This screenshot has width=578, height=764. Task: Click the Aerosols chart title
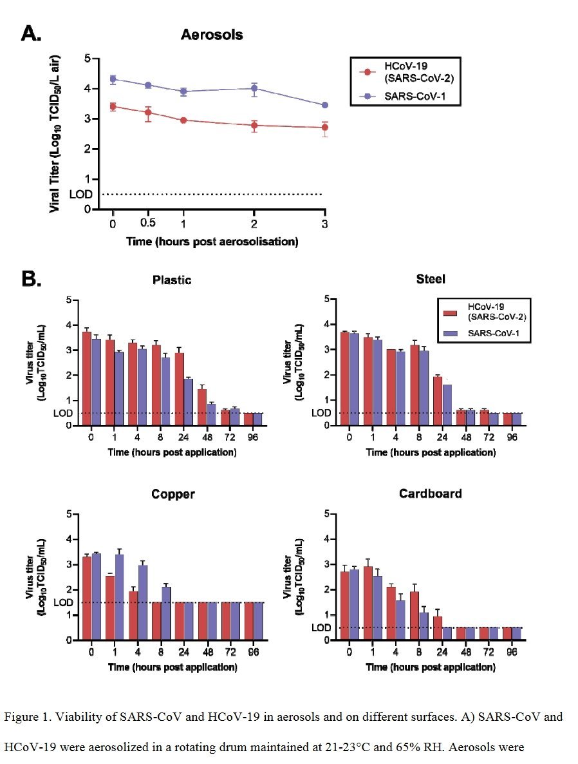[212, 35]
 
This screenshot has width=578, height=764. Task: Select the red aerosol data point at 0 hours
[113, 106]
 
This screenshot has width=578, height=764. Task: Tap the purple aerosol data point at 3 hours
[324, 105]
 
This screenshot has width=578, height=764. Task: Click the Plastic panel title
[172, 280]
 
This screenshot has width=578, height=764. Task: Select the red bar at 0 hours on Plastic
[87, 379]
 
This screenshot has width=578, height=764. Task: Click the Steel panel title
[431, 280]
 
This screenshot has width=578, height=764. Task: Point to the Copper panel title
[172, 495]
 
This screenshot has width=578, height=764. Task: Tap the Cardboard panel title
[431, 495]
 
